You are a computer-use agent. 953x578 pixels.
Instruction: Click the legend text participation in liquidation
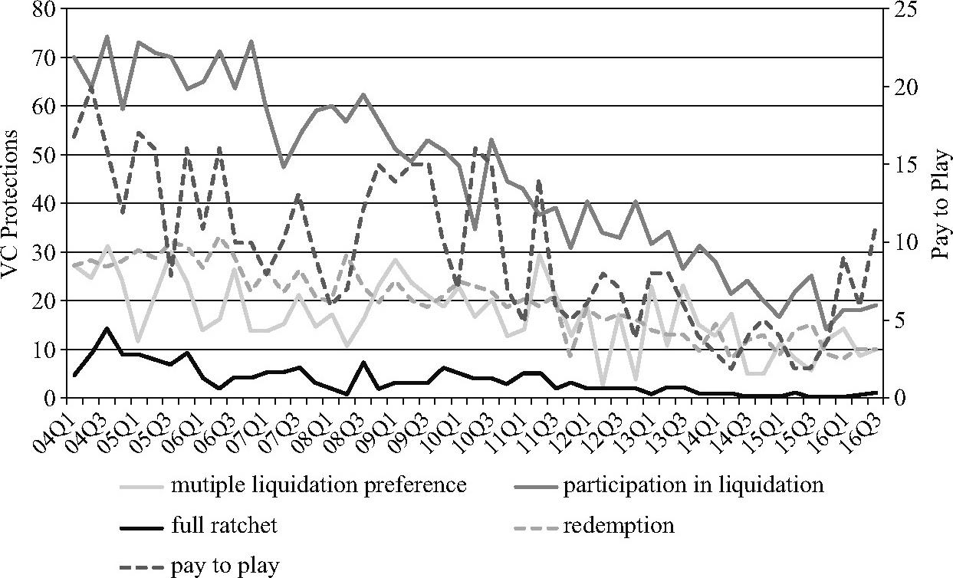[x=693, y=485]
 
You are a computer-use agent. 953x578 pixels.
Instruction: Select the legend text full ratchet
[x=225, y=526]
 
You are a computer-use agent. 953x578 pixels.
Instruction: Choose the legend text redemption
[x=619, y=526]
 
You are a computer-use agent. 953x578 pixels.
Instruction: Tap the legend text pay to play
[x=225, y=567]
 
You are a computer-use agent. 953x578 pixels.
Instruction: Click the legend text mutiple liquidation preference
[x=319, y=485]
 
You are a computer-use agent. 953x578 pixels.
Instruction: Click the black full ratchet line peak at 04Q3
[x=107, y=328]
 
